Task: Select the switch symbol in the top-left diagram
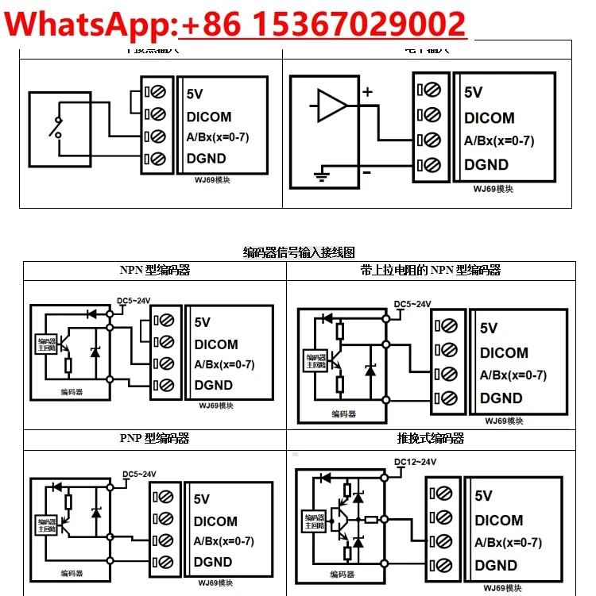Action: (x=56, y=127)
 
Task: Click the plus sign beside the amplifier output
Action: (x=367, y=92)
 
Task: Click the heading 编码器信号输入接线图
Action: (x=299, y=252)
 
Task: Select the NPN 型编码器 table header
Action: (x=155, y=270)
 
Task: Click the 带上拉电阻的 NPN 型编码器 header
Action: (x=430, y=270)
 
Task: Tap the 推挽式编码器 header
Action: (x=430, y=438)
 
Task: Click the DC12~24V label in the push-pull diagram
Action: (x=416, y=462)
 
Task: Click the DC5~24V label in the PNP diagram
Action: (x=139, y=475)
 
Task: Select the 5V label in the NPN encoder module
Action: (x=203, y=322)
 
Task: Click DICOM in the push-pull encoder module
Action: (x=499, y=521)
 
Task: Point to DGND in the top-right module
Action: (x=486, y=165)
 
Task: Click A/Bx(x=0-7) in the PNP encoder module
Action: (x=224, y=541)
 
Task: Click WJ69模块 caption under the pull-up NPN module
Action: (x=504, y=421)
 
